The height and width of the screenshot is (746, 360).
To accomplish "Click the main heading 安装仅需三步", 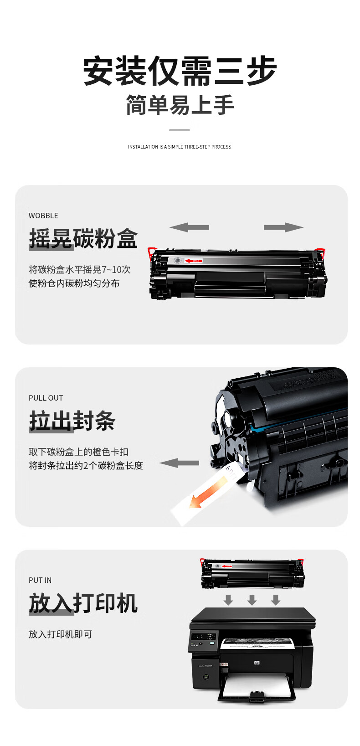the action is [180, 71].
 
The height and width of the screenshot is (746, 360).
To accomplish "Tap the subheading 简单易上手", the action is [180, 105].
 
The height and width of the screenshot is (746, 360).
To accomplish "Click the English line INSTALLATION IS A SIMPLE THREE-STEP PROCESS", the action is [180, 147].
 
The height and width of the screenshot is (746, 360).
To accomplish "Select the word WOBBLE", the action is [43, 216].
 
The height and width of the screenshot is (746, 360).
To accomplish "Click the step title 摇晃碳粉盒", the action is [83, 238].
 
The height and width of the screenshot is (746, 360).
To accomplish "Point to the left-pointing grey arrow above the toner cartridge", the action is [189, 227].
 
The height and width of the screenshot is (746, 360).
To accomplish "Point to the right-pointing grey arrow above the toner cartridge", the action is [283, 227].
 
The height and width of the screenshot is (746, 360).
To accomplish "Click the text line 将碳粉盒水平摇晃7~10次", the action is [80, 269].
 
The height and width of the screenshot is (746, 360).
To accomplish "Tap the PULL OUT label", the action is [46, 398].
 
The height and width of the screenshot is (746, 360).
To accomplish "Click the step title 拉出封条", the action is [72, 421].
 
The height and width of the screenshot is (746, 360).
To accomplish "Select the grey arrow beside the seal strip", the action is [179, 463].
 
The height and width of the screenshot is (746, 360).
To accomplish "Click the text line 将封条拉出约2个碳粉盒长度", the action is [86, 465].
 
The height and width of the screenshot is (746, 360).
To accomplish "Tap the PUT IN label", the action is [40, 580].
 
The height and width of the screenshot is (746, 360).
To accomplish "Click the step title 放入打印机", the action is [83, 603].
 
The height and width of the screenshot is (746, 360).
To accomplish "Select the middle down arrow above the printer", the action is [252, 599].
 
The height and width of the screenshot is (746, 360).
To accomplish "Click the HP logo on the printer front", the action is [257, 663].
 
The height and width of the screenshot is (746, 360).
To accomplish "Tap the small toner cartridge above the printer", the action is [252, 573].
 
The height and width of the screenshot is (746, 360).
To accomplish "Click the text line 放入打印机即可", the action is [60, 634].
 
